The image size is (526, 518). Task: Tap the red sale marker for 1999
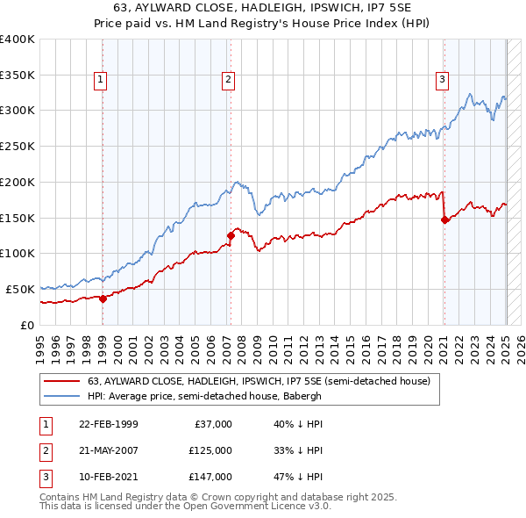(103, 299)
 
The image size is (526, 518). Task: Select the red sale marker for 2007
(231, 235)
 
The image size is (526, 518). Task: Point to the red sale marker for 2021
(444, 219)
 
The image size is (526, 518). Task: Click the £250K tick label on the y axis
(18, 146)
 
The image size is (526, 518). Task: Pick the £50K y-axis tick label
(21, 289)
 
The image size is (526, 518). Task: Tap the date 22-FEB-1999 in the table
(108, 424)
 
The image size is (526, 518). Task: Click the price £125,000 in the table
(210, 450)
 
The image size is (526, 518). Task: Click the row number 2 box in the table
(44, 450)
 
